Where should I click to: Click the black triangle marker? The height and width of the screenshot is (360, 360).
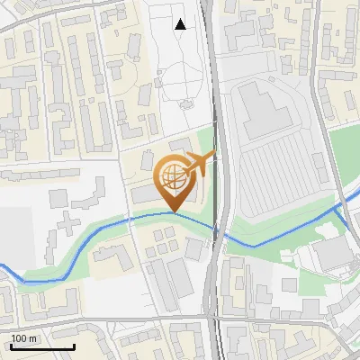coord(181,24)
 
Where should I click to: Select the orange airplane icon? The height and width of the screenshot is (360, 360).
coord(197,164)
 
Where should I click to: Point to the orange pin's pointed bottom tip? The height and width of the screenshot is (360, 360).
coord(174,211)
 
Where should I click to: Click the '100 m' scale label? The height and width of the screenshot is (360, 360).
coord(24,338)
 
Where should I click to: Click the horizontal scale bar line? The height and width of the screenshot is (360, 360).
coord(41,346)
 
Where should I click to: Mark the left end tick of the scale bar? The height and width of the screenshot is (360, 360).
coord(10,345)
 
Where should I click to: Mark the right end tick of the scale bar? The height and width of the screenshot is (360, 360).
coord(74,345)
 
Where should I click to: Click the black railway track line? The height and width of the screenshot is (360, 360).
coord(214,135)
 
